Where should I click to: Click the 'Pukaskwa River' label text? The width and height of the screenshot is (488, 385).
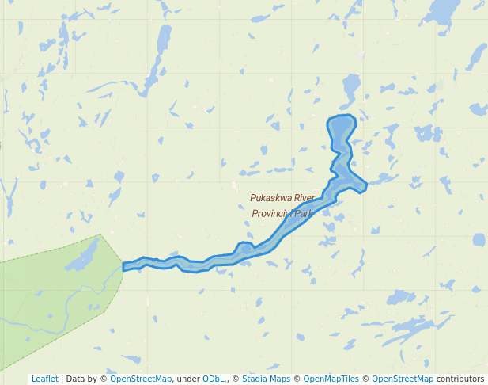(x=282, y=198)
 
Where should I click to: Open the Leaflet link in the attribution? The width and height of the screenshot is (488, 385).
(x=45, y=379)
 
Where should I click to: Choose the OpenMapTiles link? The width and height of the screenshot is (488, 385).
(x=331, y=379)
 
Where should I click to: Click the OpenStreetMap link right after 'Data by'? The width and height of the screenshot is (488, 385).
(x=141, y=379)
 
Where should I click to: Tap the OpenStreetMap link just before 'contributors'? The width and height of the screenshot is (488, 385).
(x=403, y=379)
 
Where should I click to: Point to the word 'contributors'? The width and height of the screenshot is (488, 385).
(x=460, y=379)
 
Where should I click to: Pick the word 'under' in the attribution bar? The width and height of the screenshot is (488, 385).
(x=188, y=379)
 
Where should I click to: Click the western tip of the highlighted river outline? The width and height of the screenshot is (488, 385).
(x=125, y=267)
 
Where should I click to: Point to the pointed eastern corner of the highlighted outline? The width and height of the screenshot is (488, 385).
(x=365, y=186)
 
